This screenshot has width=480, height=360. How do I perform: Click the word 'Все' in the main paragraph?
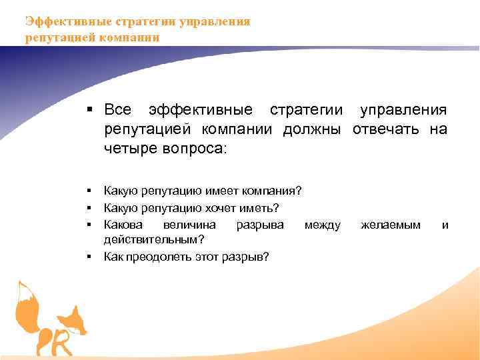pos(119,109)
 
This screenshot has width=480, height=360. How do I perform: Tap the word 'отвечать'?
pos(385,129)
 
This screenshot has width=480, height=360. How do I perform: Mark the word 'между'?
pos(323,225)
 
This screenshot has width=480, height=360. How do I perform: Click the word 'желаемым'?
pos(391,225)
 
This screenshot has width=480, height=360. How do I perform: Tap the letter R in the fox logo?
pos(61,343)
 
